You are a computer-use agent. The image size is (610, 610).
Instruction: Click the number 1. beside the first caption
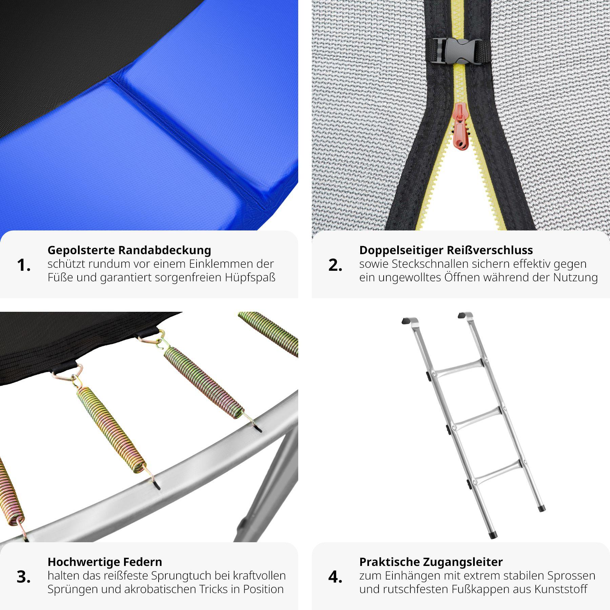[23, 265]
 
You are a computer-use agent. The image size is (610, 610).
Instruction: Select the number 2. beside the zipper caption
[335, 265]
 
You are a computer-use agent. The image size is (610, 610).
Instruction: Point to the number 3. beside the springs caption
[23, 577]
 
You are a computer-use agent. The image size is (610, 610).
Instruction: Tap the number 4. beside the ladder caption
[335, 577]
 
